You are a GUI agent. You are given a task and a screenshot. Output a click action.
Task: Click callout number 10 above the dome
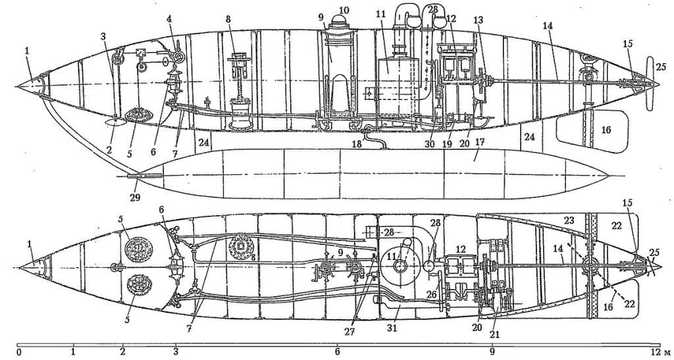point(344,10)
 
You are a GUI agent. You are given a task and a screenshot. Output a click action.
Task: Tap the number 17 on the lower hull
point(479,141)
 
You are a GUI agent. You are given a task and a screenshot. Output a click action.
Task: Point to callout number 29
point(136,197)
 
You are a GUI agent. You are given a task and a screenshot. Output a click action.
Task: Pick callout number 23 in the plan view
point(569,221)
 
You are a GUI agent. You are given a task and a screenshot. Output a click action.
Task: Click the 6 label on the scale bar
point(338,353)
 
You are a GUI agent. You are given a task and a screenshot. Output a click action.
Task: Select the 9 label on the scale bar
point(492,353)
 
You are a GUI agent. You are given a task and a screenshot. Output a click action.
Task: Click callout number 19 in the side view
point(447,144)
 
